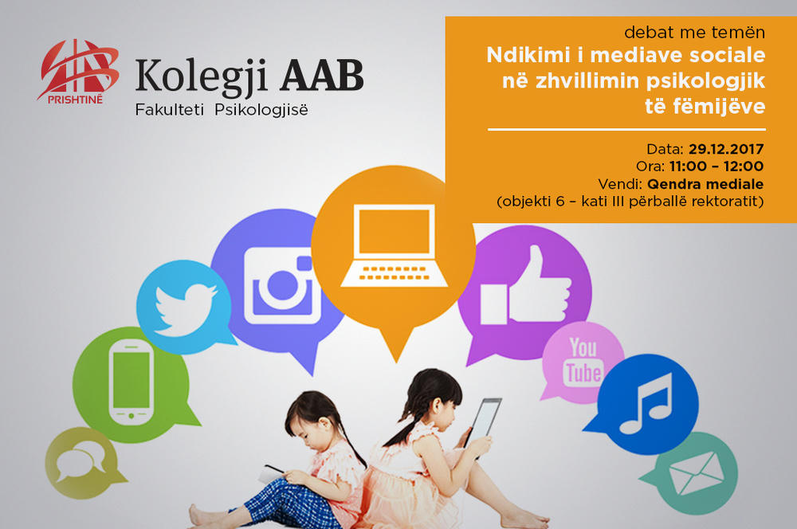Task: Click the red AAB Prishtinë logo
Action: (x=78, y=72)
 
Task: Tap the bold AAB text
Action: (x=322, y=75)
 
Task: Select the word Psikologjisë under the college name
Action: (x=261, y=110)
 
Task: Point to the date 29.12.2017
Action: (x=726, y=149)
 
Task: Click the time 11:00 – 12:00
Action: (x=717, y=167)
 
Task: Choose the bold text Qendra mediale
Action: (x=705, y=183)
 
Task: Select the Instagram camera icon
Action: (x=283, y=286)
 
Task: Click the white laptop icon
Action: (x=394, y=245)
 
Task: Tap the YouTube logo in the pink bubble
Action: (x=583, y=362)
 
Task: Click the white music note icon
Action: (x=646, y=403)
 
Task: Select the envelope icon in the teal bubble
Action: (x=697, y=473)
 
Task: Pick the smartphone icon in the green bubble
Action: (x=132, y=382)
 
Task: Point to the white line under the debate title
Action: (x=626, y=130)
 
